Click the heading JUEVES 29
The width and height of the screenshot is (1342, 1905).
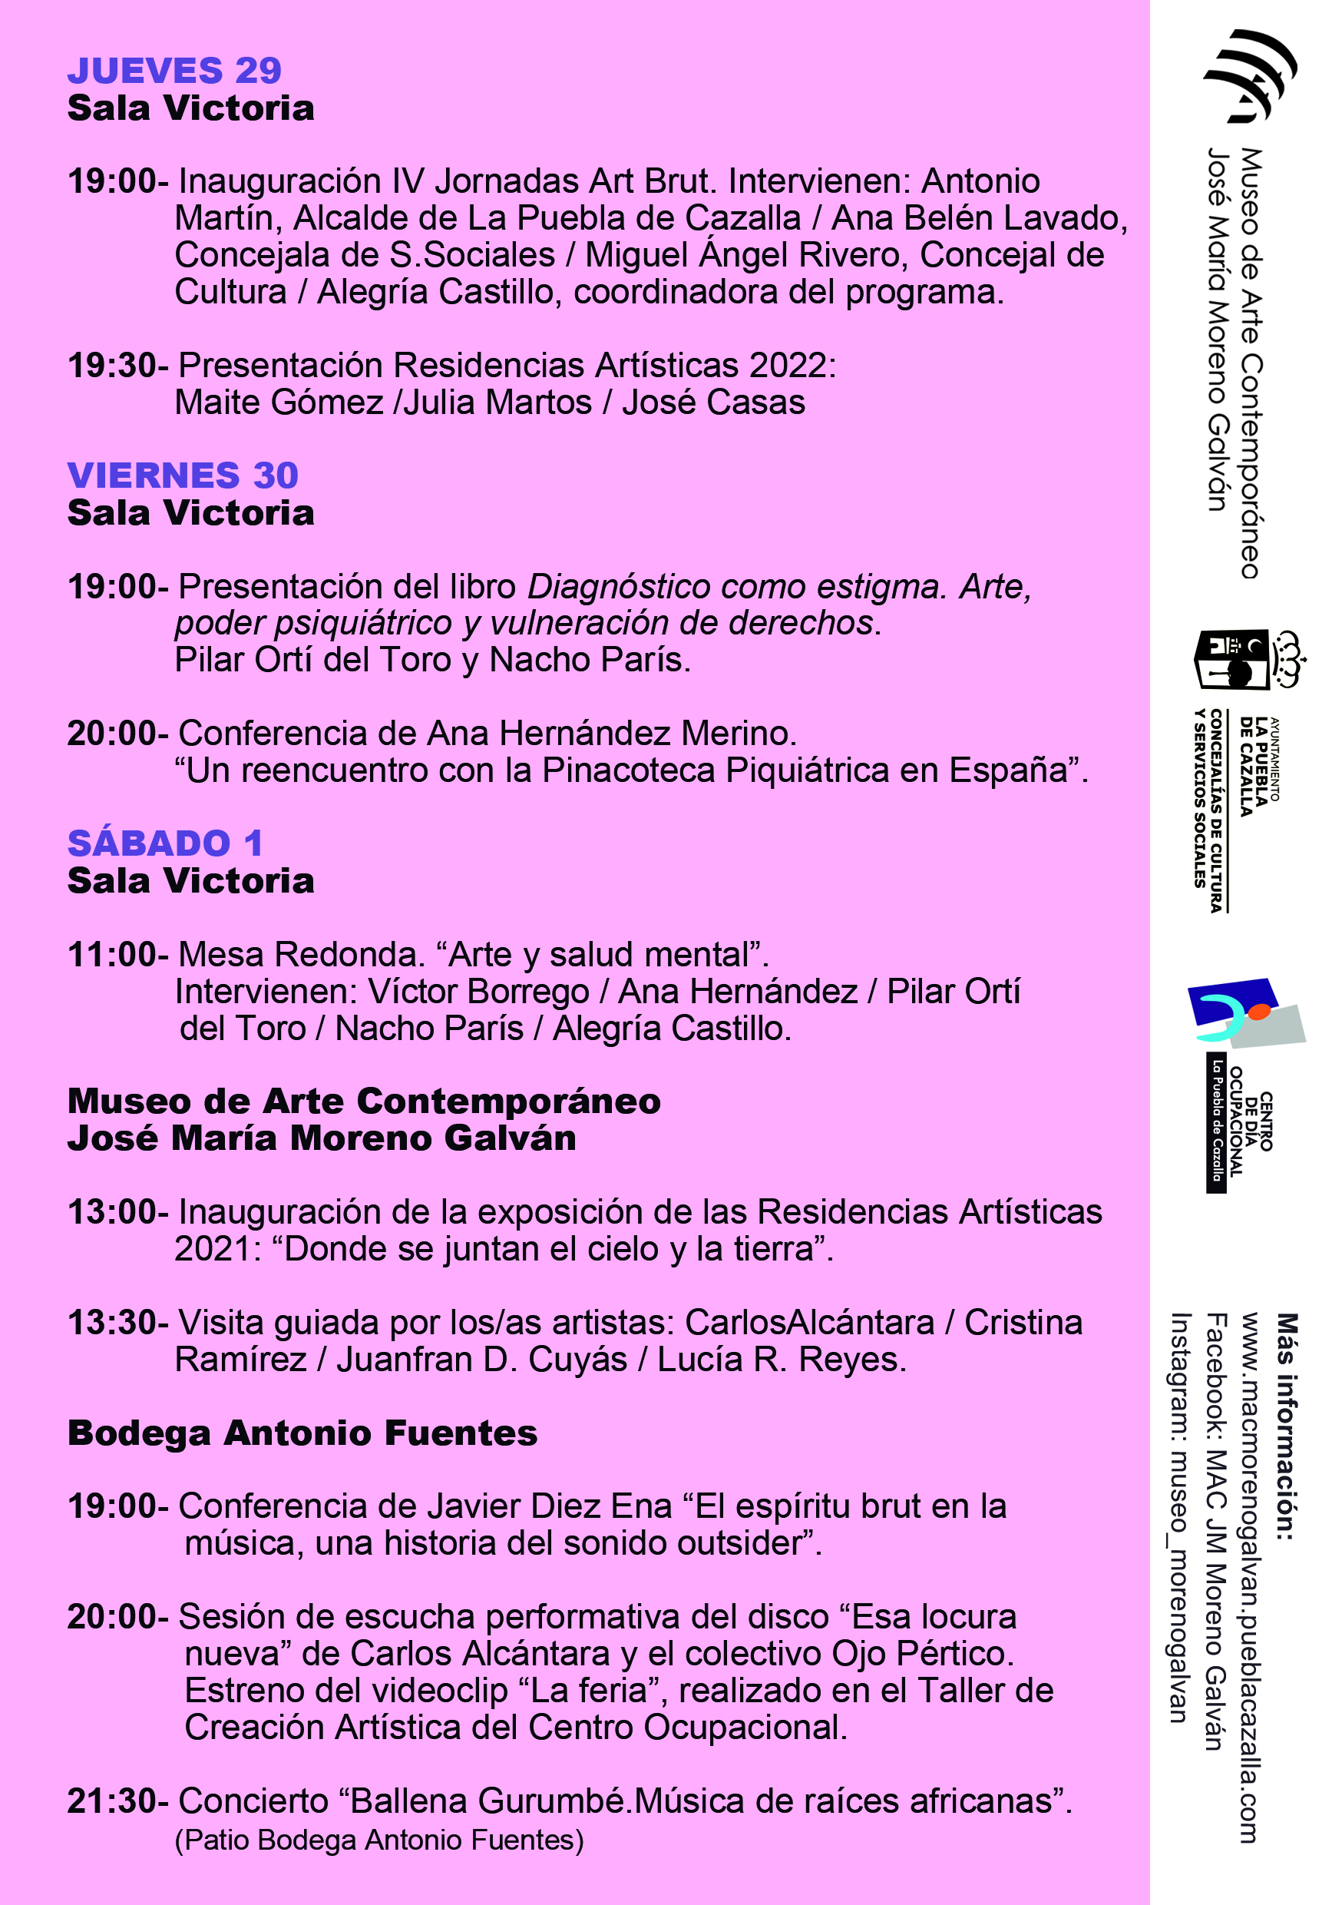(x=174, y=71)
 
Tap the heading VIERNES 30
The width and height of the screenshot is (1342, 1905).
(x=183, y=475)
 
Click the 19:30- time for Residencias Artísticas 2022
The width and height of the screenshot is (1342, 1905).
(x=117, y=366)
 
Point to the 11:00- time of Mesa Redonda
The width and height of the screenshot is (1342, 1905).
(x=117, y=955)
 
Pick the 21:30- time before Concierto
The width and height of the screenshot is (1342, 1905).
(x=117, y=1801)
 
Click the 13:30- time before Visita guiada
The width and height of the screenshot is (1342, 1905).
(x=117, y=1323)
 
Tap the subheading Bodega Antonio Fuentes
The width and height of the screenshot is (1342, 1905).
(x=302, y=1433)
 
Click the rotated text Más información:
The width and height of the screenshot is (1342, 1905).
(x=1286, y=1426)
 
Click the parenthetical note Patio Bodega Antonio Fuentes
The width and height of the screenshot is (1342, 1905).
(x=379, y=1840)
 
